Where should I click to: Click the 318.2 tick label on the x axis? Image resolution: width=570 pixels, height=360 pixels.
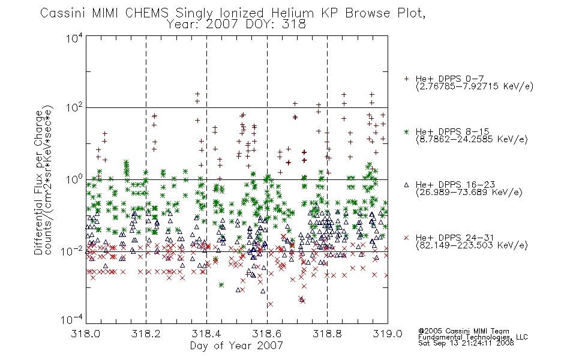click(146, 334)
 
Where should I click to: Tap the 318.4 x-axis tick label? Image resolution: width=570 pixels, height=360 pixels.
click(206, 334)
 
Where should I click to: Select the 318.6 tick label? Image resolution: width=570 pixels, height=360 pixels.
click(267, 334)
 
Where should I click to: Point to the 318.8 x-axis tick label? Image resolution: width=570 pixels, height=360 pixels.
click(327, 334)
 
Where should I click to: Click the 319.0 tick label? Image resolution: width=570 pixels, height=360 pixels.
click(388, 334)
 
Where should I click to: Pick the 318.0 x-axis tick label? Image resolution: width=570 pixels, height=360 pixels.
click(85, 334)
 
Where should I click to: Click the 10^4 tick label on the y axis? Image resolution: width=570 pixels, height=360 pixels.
click(74, 38)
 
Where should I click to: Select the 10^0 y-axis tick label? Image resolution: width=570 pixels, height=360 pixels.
click(74, 180)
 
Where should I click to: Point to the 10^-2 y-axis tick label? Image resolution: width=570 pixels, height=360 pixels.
click(73, 251)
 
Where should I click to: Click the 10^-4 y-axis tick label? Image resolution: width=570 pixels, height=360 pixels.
click(73, 320)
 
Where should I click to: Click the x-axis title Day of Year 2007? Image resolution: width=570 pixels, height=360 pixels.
click(236, 346)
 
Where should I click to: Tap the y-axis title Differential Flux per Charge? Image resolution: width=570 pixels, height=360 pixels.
click(39, 182)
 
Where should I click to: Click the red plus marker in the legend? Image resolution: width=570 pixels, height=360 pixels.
click(406, 79)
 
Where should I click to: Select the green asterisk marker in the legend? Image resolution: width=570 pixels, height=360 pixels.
click(406, 131)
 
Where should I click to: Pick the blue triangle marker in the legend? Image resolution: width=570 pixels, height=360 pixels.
click(406, 185)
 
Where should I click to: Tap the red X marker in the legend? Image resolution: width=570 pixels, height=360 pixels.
click(406, 238)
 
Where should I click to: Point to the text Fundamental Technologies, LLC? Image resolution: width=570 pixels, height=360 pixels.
click(473, 337)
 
